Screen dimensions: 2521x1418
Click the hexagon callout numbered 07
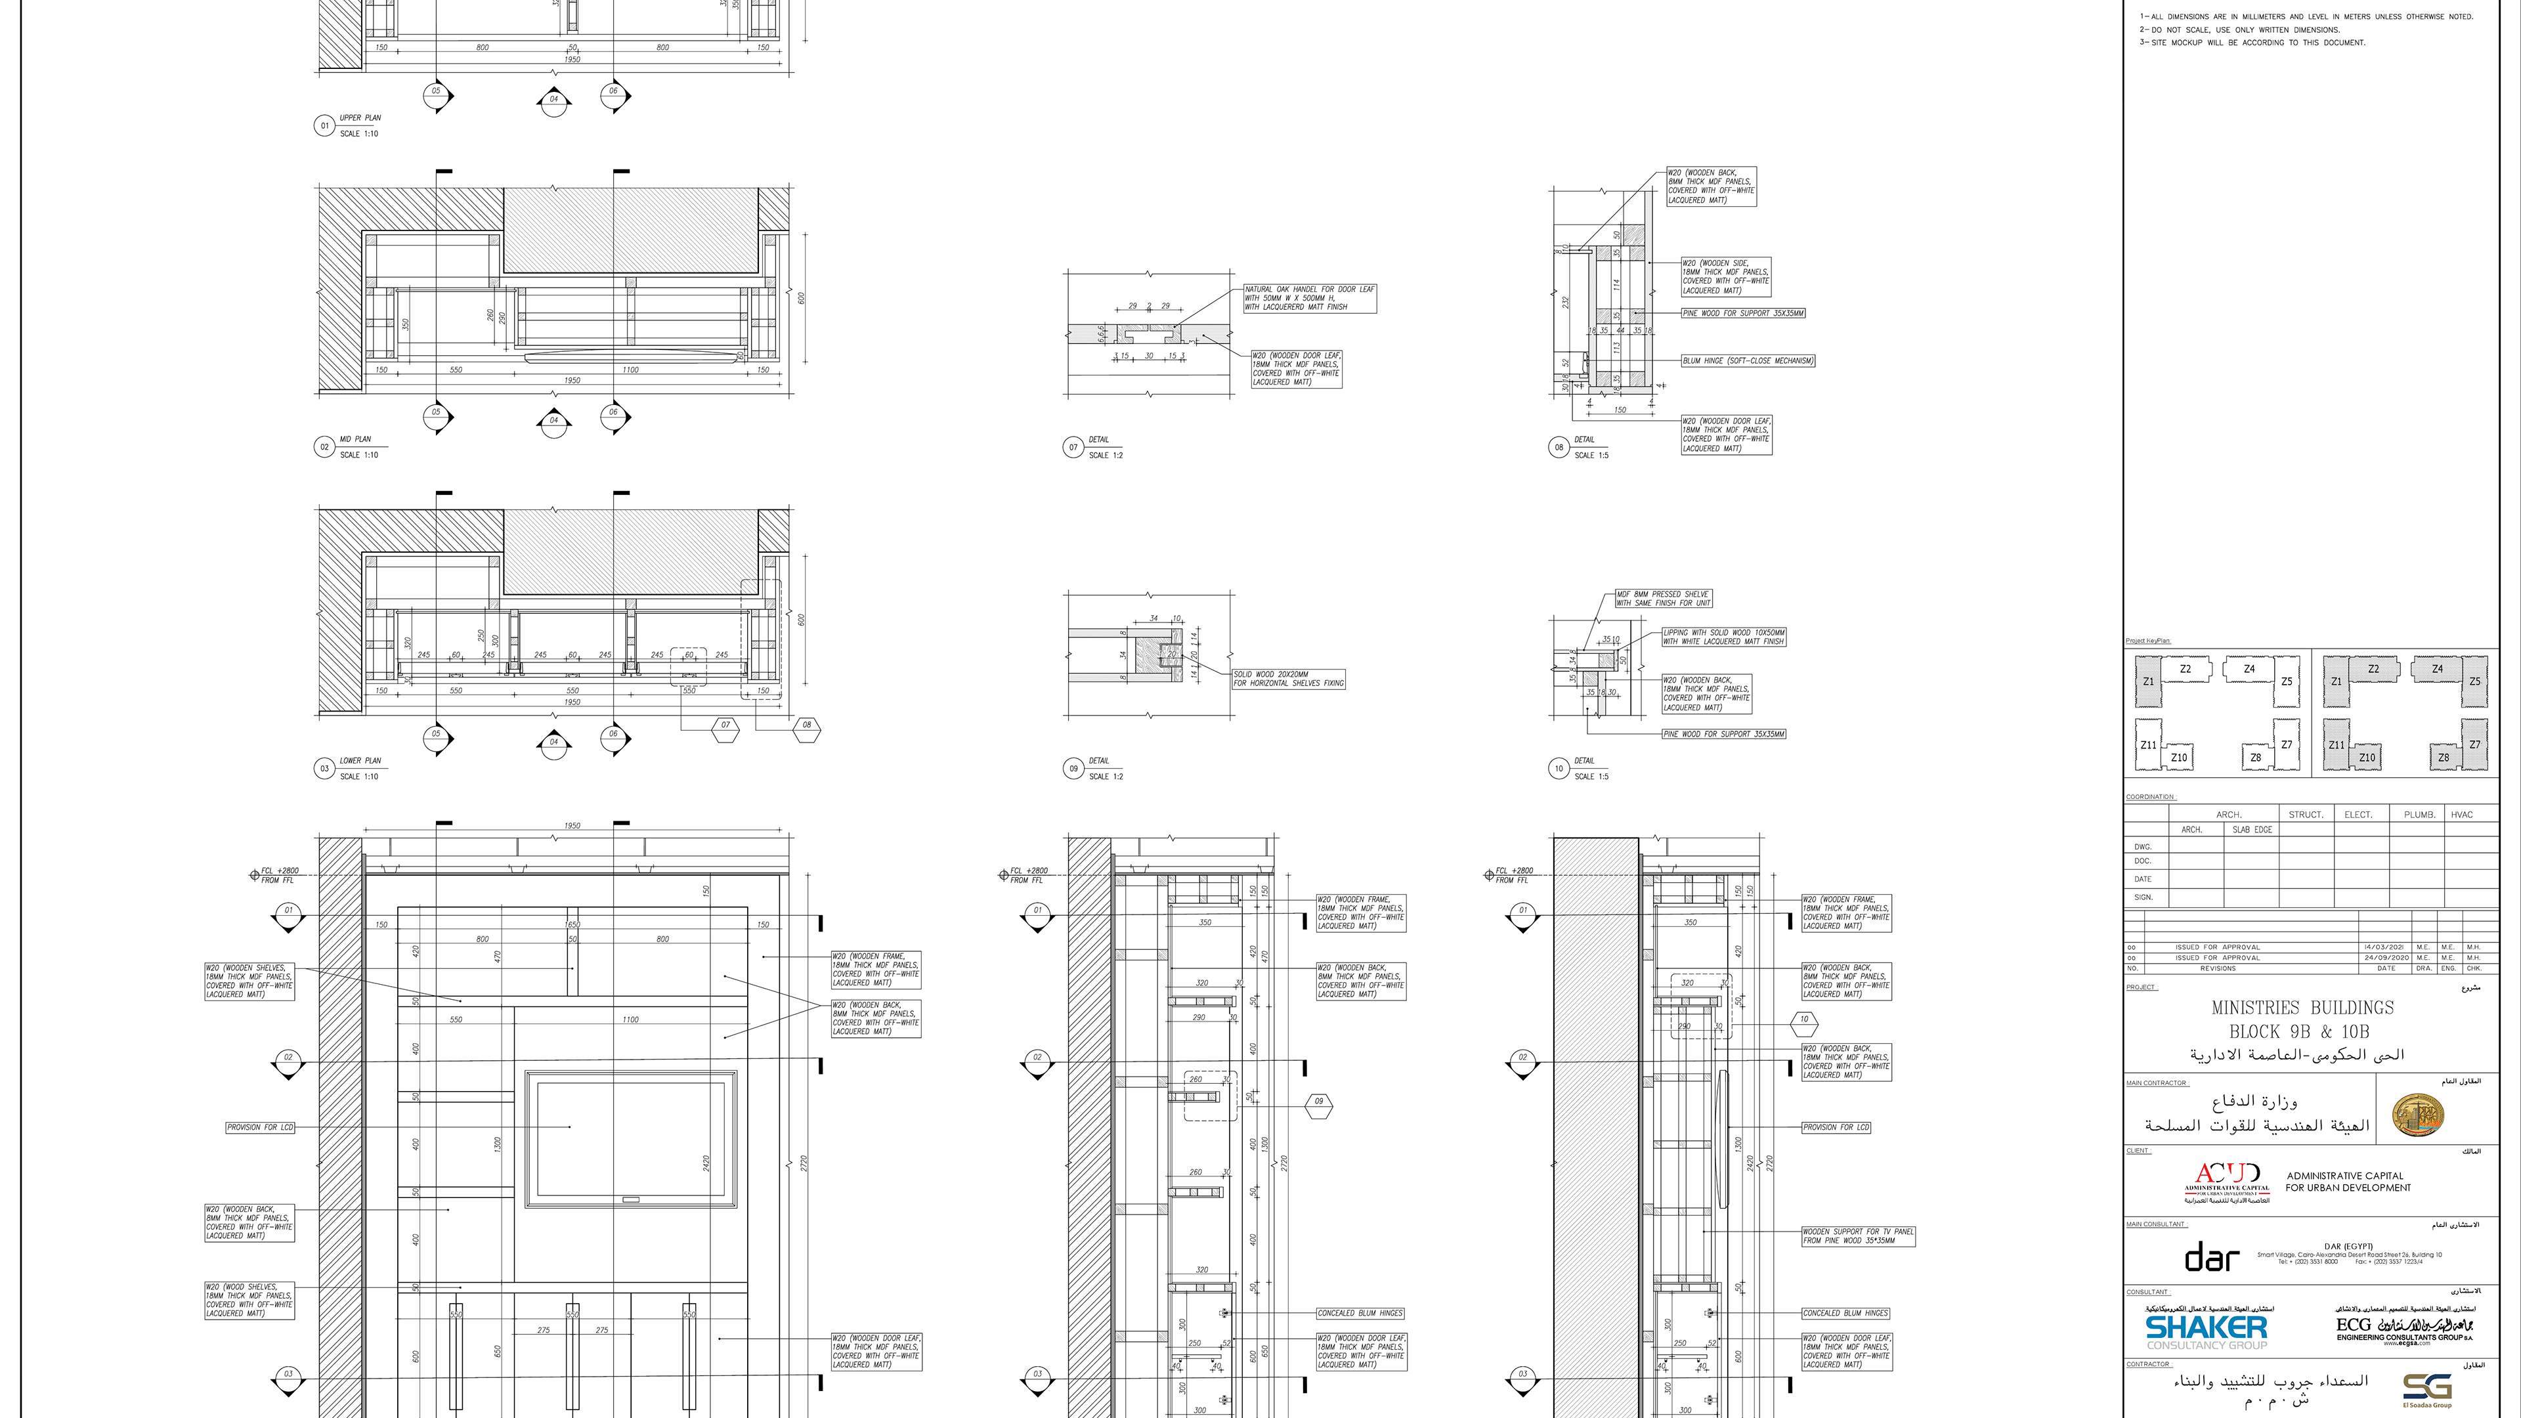725,725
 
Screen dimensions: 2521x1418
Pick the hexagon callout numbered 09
1318,1102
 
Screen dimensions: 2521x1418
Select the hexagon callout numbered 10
1803,1020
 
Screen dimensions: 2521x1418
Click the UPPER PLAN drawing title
360,118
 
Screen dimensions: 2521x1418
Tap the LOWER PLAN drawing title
360,760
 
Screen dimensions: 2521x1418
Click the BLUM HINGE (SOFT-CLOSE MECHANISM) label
1748,361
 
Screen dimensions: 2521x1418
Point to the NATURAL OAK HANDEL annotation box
1310,299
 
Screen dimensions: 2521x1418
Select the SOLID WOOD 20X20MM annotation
1288,679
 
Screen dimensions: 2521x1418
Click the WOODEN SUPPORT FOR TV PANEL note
1857,1236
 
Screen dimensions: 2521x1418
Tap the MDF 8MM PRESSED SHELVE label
1663,599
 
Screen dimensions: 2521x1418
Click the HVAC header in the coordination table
2461,814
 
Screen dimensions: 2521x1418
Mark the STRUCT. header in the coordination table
2306,814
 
